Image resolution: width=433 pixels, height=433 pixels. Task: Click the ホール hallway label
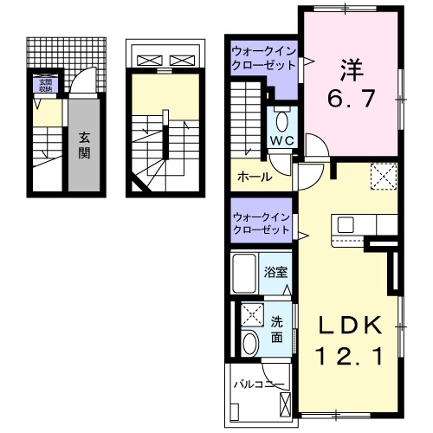coord(254,177)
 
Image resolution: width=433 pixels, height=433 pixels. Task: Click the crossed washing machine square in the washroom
coord(253,313)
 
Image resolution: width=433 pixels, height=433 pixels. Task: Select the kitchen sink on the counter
coord(346,225)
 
